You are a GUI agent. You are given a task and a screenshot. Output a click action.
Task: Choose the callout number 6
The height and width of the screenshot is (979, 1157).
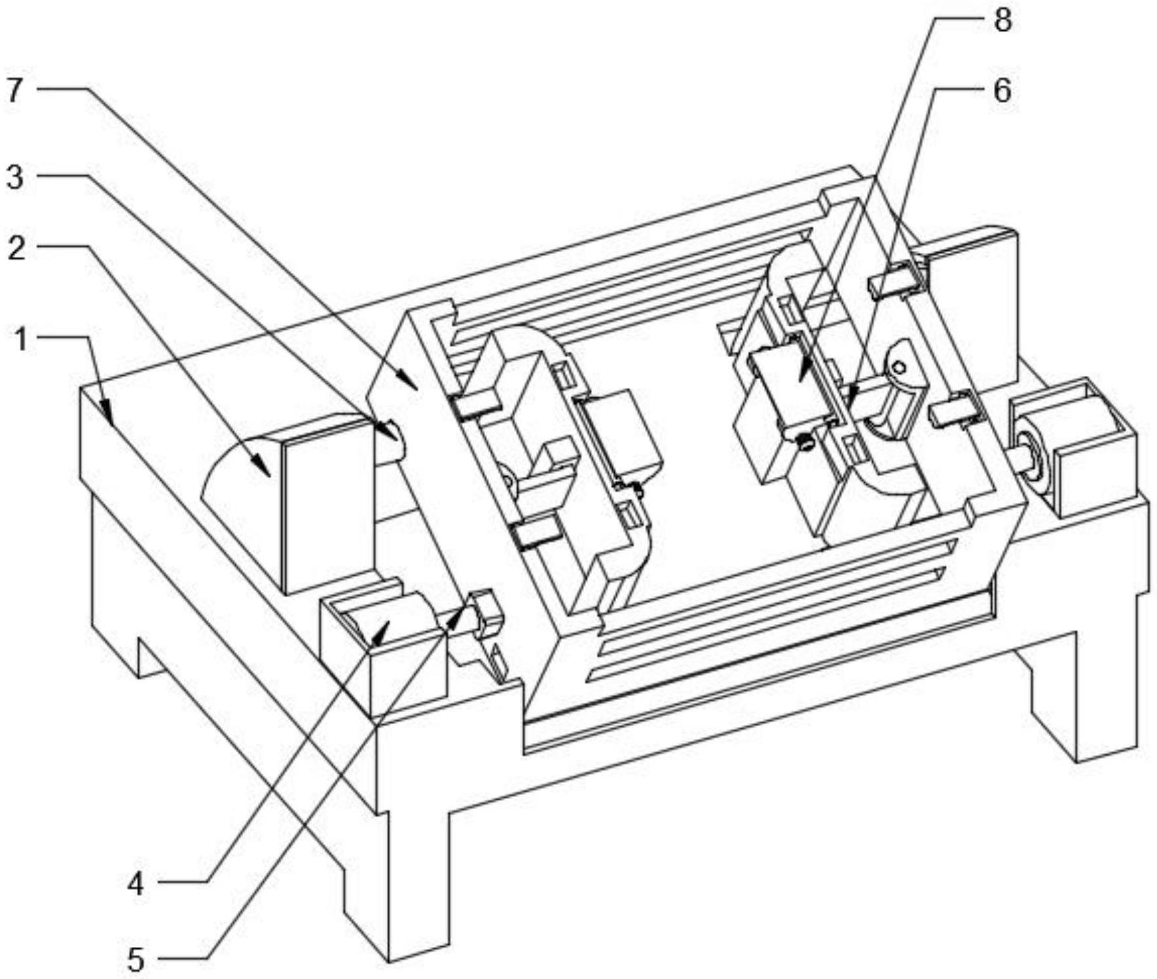pyautogui.click(x=1002, y=90)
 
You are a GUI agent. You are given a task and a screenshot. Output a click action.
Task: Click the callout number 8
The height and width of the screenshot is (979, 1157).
pyautogui.click(x=1002, y=20)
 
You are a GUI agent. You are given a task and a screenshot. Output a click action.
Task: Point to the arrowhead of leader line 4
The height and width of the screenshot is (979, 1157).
pyautogui.click(x=386, y=624)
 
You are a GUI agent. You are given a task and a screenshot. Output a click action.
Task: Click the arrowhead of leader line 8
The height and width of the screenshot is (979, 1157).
pyautogui.click(x=800, y=379)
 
